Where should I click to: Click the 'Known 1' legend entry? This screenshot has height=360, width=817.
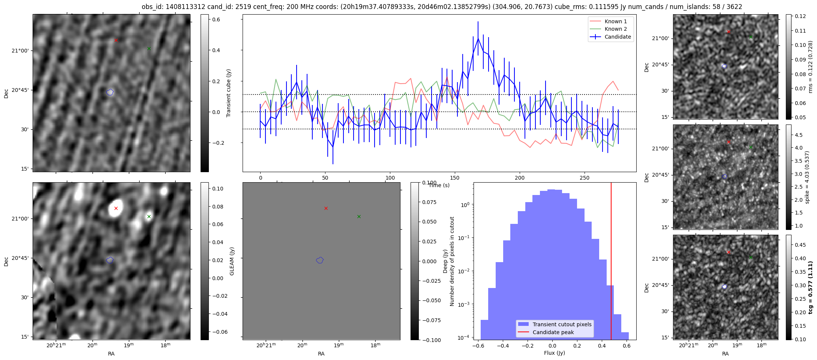click(615, 21)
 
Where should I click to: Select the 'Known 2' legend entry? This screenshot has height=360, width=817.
click(615, 29)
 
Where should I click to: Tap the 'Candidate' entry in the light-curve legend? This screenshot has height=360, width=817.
click(618, 37)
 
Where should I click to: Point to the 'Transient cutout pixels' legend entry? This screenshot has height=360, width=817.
click(562, 324)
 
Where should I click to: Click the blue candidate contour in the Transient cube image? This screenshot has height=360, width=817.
click(110, 92)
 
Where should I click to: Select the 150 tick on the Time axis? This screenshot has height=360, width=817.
click(455, 178)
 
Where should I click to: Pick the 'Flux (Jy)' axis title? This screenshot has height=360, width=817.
click(554, 353)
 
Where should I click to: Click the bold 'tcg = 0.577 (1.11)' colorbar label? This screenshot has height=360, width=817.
click(810, 287)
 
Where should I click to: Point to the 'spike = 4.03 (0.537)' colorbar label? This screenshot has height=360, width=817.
click(807, 177)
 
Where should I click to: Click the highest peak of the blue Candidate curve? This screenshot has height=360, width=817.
click(478, 38)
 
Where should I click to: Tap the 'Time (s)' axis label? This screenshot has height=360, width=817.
click(439, 185)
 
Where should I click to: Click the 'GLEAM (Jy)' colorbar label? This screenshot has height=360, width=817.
click(232, 261)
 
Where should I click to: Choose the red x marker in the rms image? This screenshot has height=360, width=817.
click(729, 31)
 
